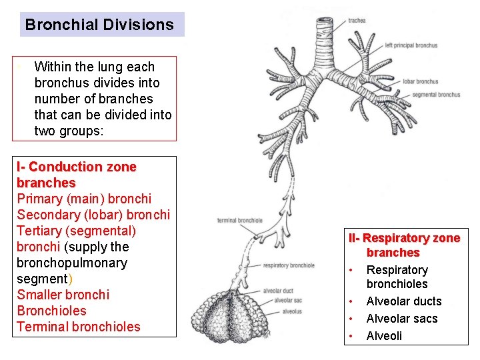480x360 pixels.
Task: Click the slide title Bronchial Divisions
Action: [x=99, y=25]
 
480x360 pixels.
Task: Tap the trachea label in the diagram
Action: [x=357, y=21]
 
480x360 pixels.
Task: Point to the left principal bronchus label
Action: [x=411, y=45]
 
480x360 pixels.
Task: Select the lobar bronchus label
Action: [x=420, y=81]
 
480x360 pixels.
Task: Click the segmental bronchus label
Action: [x=436, y=95]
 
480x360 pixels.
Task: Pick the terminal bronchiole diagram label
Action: [x=239, y=221]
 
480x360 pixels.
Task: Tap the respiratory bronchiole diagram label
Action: [x=289, y=266]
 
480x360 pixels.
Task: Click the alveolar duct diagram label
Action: [x=278, y=291]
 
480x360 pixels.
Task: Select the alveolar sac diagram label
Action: [x=288, y=301]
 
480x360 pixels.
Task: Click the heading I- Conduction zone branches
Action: [x=76, y=175]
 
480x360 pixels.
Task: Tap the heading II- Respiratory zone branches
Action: [x=404, y=245]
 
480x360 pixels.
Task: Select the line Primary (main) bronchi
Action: [x=84, y=199]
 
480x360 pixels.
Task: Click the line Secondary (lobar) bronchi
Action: [x=93, y=215]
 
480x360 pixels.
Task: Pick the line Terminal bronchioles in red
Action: [x=79, y=327]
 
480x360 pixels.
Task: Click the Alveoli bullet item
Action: [x=385, y=335]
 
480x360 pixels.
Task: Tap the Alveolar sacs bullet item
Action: [x=402, y=319]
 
